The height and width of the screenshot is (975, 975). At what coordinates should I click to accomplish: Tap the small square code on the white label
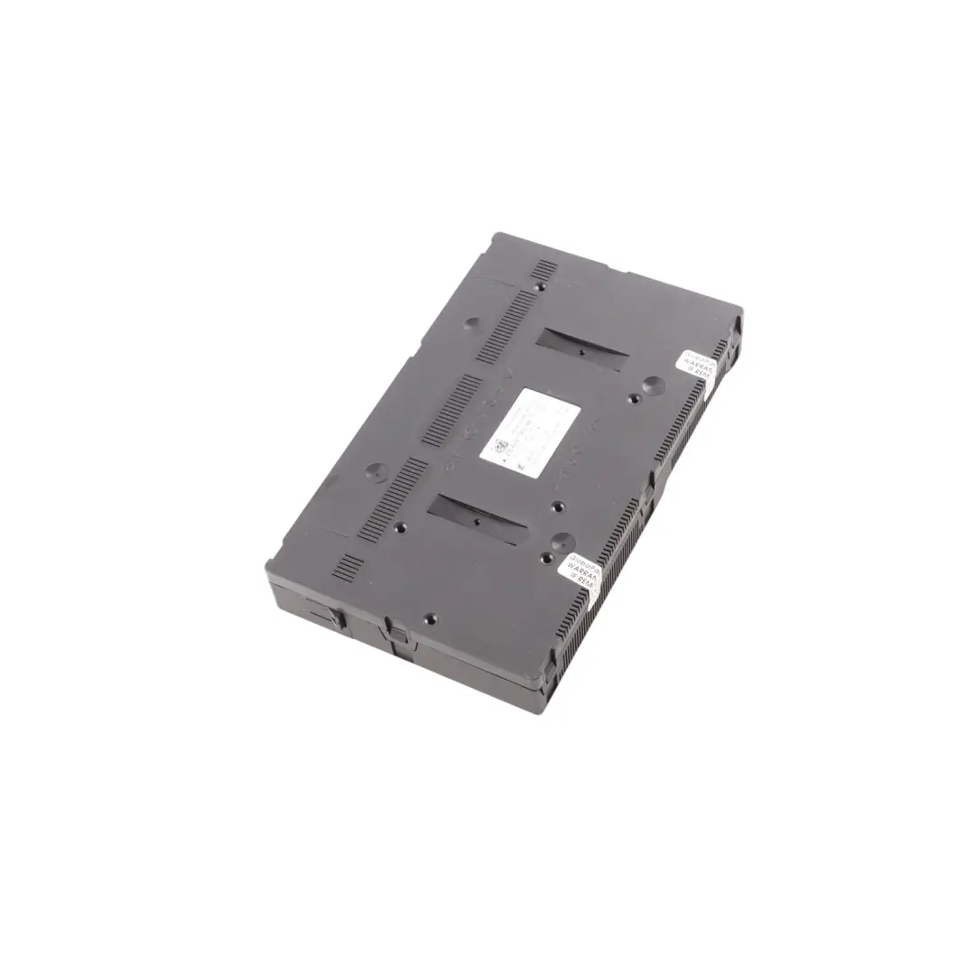[498, 446]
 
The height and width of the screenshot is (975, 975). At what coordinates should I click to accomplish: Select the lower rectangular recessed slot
[477, 518]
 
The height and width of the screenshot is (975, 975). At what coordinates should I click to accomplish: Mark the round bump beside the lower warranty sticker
[562, 541]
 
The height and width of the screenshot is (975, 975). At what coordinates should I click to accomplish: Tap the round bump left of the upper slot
[475, 322]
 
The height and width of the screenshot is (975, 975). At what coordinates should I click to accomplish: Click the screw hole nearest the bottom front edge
[430, 618]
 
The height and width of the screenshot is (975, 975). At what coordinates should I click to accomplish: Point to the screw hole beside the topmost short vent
[539, 288]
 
